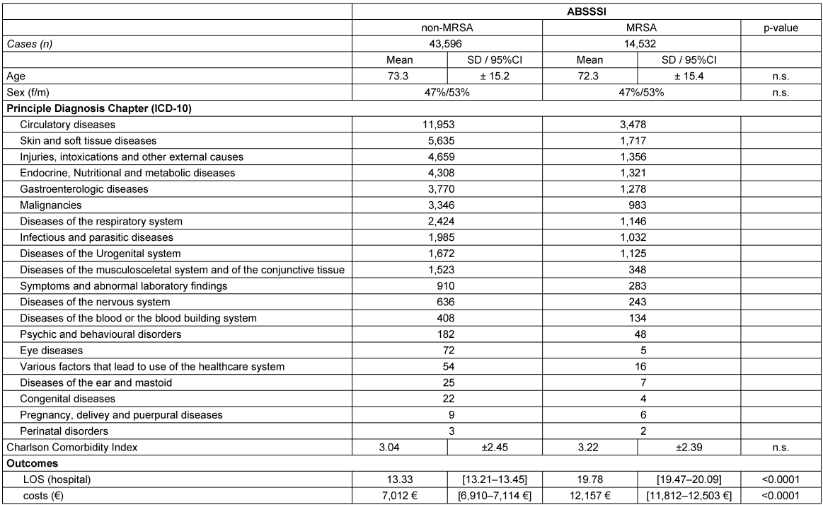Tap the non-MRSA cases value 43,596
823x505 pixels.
[447, 44]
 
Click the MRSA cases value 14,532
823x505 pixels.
[641, 44]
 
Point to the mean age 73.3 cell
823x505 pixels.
[400, 76]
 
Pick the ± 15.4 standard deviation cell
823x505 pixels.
[689, 76]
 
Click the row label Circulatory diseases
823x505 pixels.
[67, 125]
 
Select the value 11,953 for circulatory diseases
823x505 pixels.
[447, 125]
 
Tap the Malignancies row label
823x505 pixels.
[50, 205]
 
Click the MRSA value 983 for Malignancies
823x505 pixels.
[641, 205]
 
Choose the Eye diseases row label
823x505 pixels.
[51, 350]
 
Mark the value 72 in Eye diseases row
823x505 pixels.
[447, 350]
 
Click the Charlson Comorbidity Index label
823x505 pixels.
[71, 447]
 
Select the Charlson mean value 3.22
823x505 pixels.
[589, 447]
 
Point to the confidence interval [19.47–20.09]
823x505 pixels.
[689, 480]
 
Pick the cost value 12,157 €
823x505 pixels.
[589, 496]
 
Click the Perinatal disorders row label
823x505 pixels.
[64, 431]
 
